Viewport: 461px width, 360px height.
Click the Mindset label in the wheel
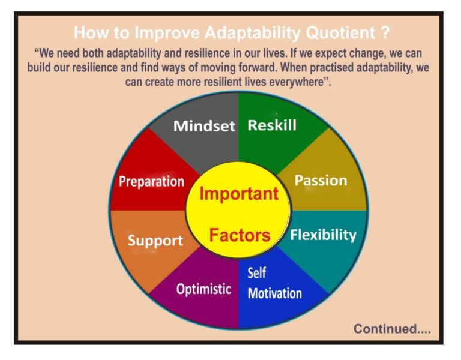click(x=204, y=127)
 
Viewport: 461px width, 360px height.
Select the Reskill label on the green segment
click(x=272, y=125)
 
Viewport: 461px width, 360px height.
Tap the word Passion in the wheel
click(x=321, y=181)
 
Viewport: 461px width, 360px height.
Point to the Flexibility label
click(x=323, y=235)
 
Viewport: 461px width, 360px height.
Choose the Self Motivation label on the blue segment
click(x=274, y=283)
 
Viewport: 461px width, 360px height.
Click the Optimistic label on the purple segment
click(x=203, y=289)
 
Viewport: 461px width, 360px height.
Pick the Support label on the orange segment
click(x=155, y=241)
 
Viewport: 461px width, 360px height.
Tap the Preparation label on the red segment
click(x=151, y=181)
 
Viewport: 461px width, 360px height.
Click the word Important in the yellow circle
click(x=238, y=194)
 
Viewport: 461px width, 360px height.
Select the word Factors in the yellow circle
click(x=240, y=235)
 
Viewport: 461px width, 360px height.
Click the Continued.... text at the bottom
click(x=392, y=329)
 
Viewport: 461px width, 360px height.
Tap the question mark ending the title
click(x=386, y=32)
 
